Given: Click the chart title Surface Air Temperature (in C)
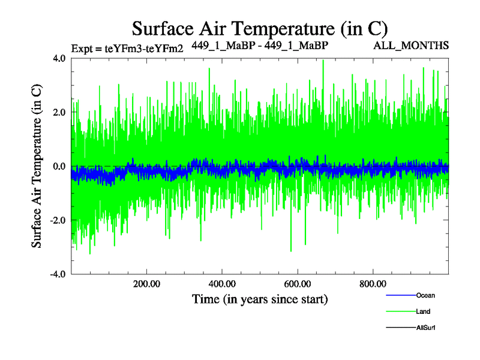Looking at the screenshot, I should (x=260, y=28).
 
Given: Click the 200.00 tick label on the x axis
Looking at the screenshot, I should (x=146, y=284).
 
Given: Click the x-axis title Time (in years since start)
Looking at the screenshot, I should (x=260, y=298).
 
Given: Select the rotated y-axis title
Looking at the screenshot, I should (x=37, y=166).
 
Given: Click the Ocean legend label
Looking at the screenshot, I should (x=425, y=295).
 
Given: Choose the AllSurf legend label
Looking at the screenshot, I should (x=426, y=328).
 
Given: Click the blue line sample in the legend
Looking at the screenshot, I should (x=398, y=295).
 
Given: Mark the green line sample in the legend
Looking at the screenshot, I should (x=398, y=311).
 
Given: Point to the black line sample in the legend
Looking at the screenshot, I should (x=398, y=328).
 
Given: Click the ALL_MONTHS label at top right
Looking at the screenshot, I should (x=411, y=46).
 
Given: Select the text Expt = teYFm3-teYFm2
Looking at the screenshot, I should (x=127, y=49).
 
